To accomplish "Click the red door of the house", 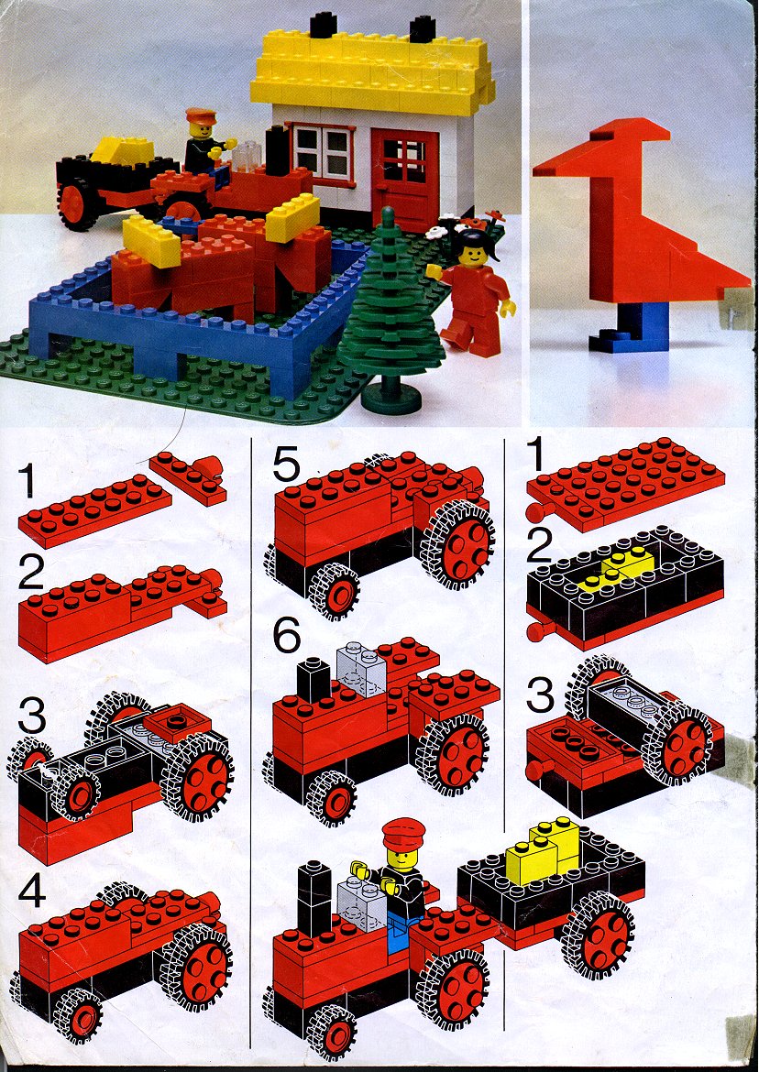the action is point(405,179).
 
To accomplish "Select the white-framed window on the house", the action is point(323,153).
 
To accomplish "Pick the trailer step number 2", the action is point(540,547).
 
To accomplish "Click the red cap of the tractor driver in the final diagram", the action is point(403,834).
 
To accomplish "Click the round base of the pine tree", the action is point(390,400).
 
